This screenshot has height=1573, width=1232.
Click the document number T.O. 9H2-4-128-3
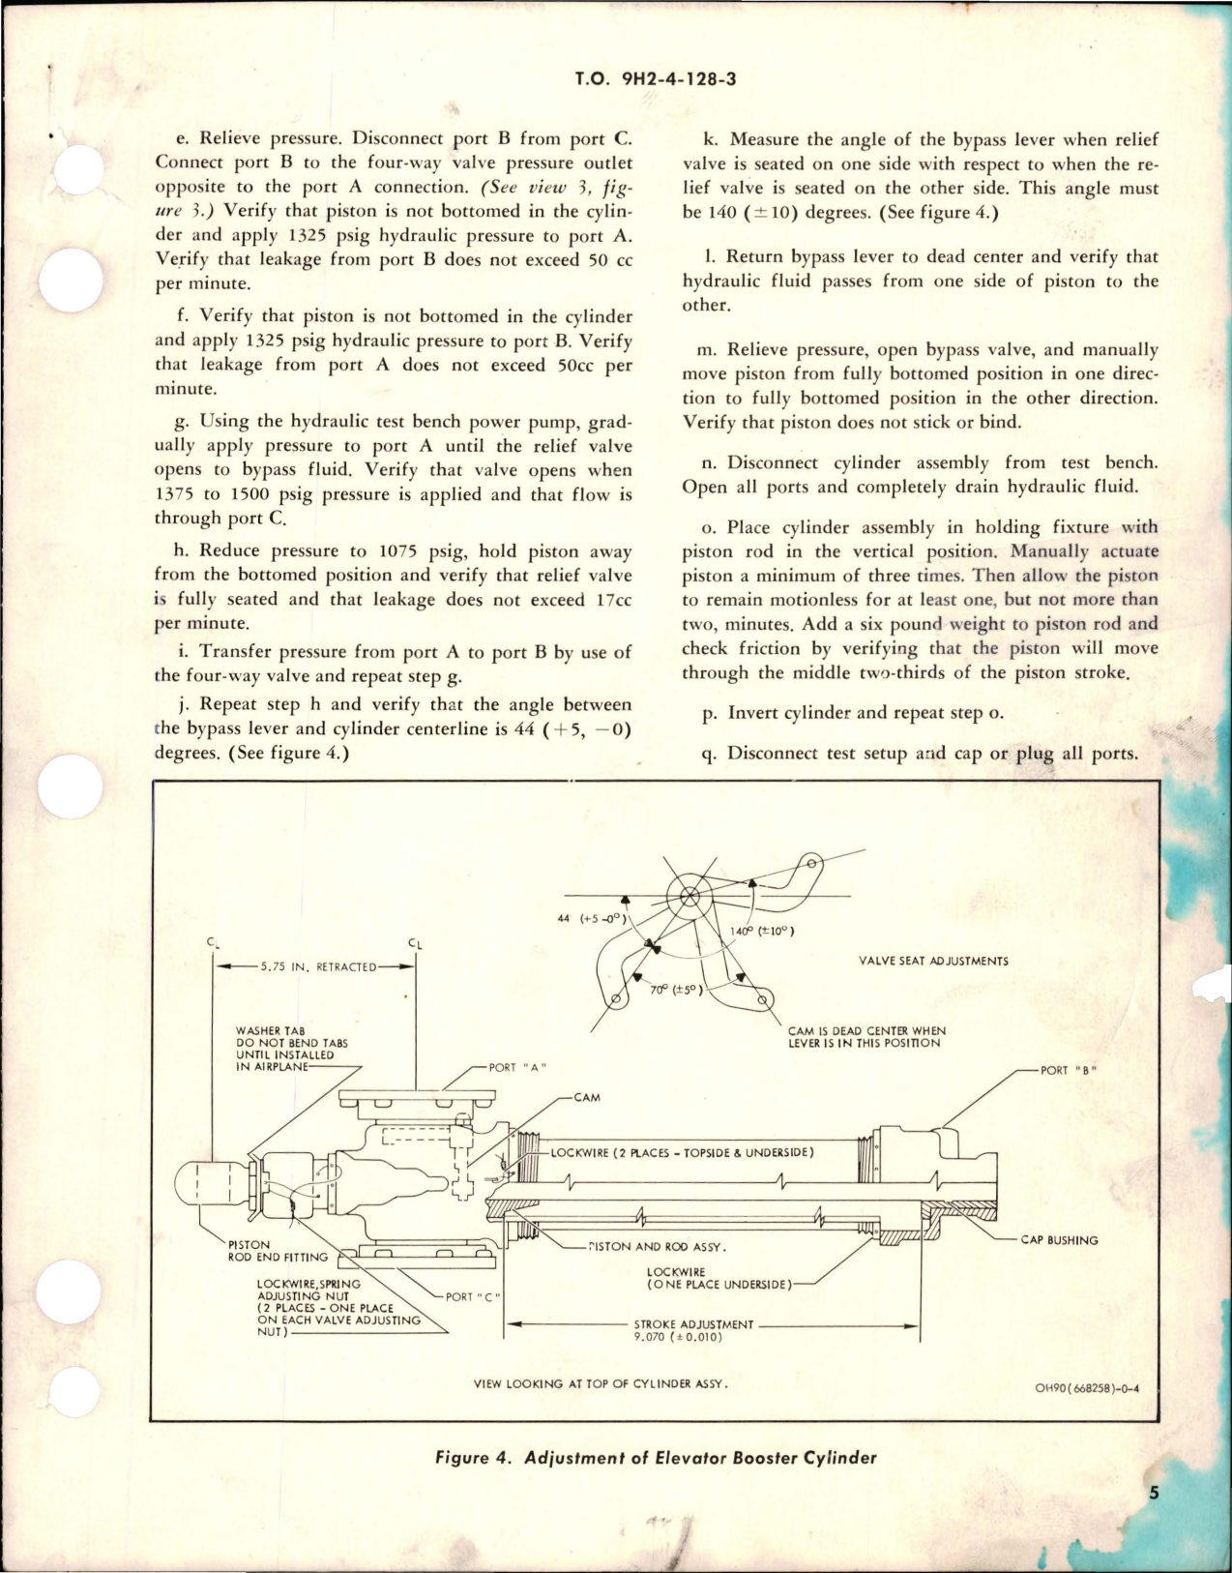point(655,79)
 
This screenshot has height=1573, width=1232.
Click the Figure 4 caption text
point(656,1457)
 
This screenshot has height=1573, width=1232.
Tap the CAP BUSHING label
point(1059,1240)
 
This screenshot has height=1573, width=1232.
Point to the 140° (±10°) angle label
point(762,932)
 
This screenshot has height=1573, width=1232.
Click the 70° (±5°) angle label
point(673,990)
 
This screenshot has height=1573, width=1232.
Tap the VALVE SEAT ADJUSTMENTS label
point(933,961)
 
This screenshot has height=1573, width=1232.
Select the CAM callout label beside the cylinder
point(587,1098)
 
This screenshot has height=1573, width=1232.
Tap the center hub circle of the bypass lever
point(689,895)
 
